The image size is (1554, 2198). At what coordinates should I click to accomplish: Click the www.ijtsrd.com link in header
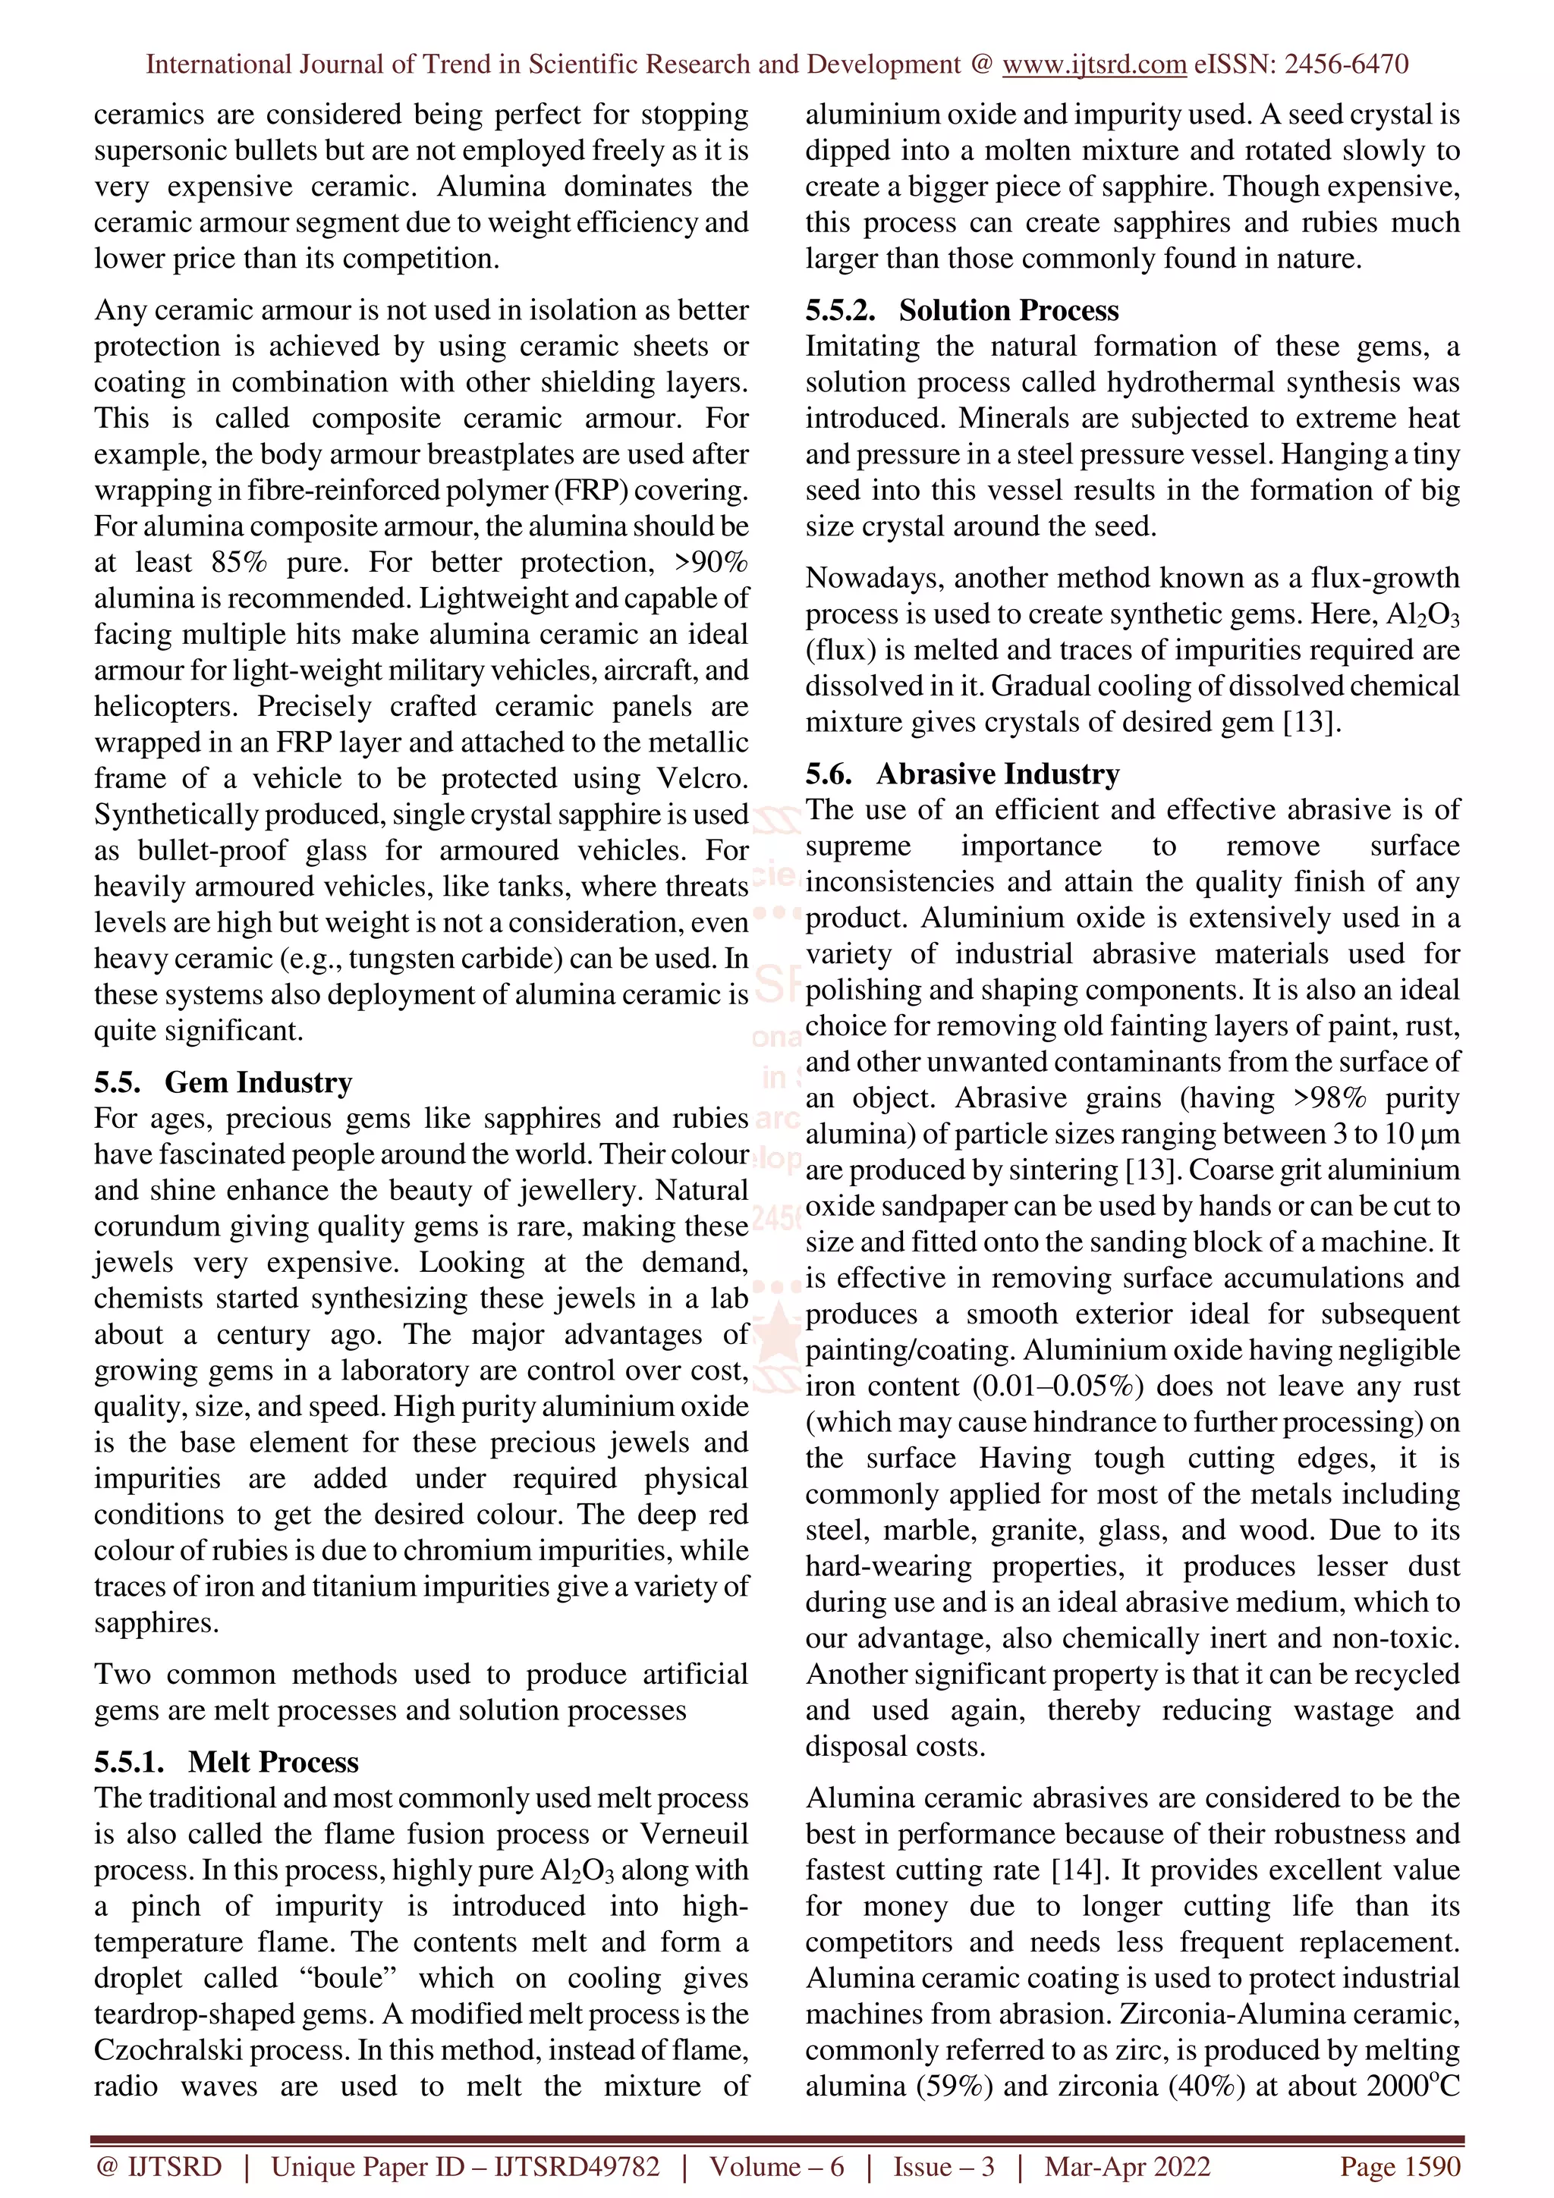pos(1094,64)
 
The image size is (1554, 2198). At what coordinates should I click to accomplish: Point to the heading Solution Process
pos(1008,310)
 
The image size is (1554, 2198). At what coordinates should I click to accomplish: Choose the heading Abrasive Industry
pos(998,774)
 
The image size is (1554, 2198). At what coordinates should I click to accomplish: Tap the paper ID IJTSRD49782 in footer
pos(577,2166)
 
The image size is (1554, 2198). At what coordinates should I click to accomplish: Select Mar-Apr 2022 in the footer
pos(1127,2166)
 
